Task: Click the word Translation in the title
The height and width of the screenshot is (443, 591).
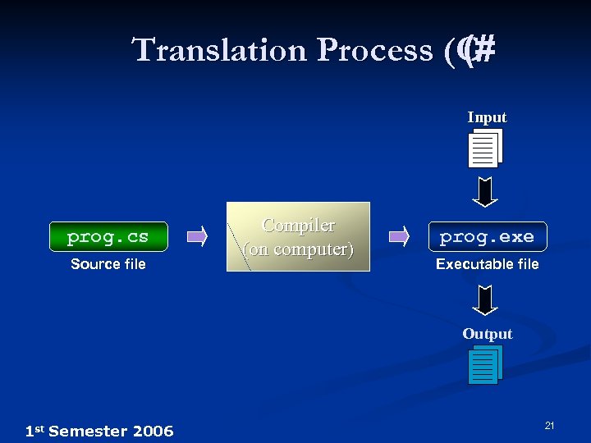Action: (219, 50)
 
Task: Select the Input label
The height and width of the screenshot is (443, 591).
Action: (487, 117)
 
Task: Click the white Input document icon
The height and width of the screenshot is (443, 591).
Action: (485, 148)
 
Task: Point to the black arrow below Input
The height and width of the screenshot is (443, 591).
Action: (486, 191)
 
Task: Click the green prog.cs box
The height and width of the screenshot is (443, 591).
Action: (108, 236)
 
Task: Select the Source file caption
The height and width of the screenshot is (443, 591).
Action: (108, 263)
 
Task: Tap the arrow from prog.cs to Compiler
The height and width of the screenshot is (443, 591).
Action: (197, 237)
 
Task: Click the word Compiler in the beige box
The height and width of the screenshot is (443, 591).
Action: (298, 225)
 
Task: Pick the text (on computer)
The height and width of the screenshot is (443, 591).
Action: (298, 249)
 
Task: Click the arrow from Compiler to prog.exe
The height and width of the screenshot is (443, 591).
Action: (399, 237)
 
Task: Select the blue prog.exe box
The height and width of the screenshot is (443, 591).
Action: (487, 237)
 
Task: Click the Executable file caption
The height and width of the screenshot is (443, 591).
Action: (487, 263)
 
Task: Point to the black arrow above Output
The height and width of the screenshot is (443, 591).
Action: (486, 299)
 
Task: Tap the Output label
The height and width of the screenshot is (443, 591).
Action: (487, 334)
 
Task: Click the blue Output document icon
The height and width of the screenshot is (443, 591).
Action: (485, 365)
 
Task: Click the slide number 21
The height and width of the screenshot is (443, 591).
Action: (550, 425)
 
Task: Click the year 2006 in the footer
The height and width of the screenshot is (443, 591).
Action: (153, 431)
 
